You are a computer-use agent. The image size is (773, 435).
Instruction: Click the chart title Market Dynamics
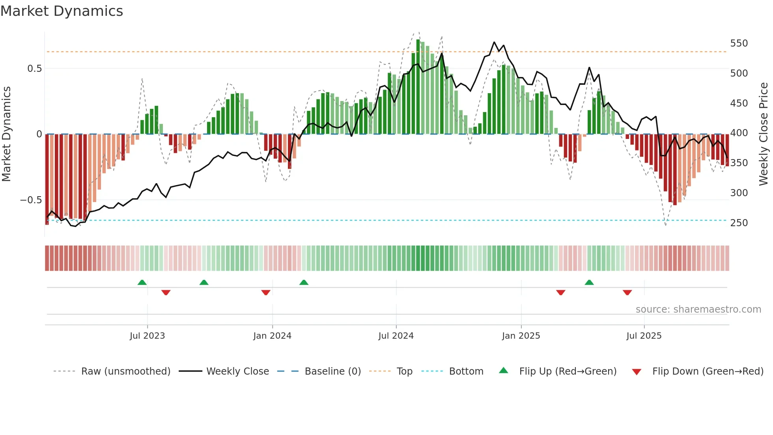point(62,11)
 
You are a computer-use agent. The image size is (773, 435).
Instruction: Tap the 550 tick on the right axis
point(739,43)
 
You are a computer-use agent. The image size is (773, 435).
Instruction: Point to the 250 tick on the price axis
point(739,223)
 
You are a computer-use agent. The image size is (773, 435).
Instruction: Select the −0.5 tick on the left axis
point(31,200)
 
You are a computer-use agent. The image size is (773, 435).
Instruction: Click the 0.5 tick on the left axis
point(34,68)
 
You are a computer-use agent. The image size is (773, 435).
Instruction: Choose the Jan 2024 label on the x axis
point(272,336)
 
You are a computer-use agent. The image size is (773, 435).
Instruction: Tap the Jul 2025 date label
point(644,336)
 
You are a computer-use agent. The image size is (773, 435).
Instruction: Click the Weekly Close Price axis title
point(764,134)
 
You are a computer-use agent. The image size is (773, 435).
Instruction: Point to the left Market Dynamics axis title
point(6,134)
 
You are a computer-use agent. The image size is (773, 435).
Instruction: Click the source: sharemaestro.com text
point(698,309)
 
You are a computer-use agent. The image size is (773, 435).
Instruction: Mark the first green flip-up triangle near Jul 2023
point(142,282)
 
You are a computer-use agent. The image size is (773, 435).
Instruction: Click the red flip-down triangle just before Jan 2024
point(266,292)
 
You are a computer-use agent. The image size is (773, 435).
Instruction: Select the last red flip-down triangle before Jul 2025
point(627,292)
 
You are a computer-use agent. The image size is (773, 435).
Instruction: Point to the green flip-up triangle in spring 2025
point(589,282)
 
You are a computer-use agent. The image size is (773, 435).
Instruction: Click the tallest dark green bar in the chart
point(418,87)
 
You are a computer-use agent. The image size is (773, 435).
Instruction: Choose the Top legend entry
point(404,371)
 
